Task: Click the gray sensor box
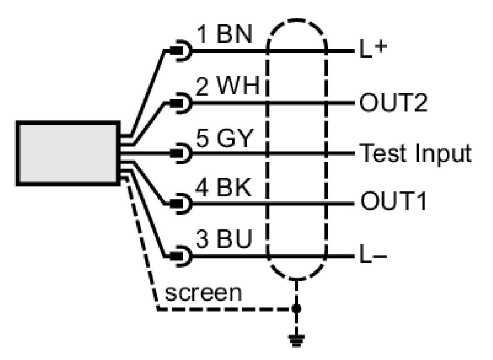[68, 153]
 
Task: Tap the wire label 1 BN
[225, 35]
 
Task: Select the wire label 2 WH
[227, 86]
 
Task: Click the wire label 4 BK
[223, 188]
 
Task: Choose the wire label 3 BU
[224, 239]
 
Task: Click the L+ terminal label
[373, 49]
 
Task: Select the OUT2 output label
[393, 102]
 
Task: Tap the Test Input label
[415, 153]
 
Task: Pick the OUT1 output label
[393, 201]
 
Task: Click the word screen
[204, 293]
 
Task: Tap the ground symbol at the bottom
[296, 341]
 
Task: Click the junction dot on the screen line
[296, 309]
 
